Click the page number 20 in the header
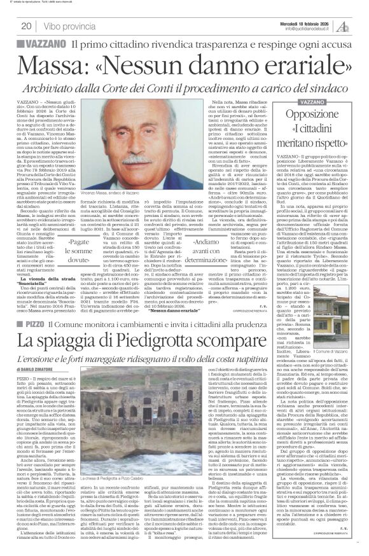click(26, 25)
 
